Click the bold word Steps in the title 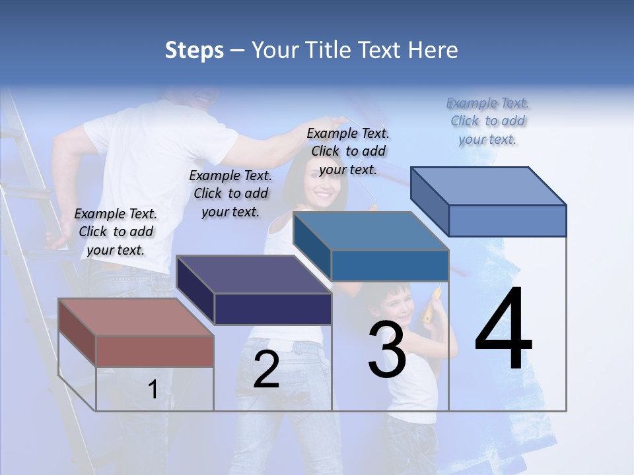[194, 50]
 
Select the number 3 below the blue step [386, 350]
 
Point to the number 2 [266, 369]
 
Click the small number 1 [153, 389]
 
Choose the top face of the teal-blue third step [370, 232]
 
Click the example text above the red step [116, 232]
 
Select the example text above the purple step [230, 193]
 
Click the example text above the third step [348, 151]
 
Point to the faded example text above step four [488, 121]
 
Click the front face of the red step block [155, 351]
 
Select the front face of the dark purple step [273, 309]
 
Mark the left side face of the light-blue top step [429, 201]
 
